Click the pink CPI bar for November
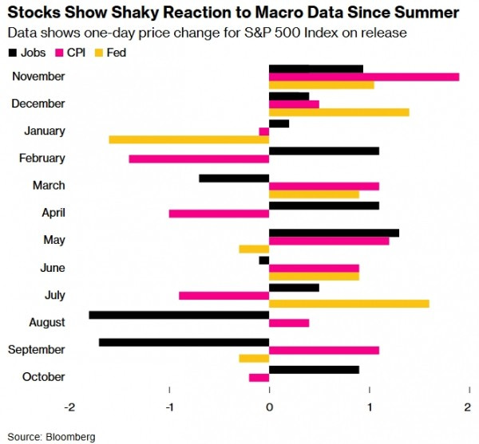click(x=364, y=77)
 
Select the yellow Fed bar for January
click(x=189, y=139)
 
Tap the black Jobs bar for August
click(x=179, y=314)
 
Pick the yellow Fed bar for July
click(x=349, y=303)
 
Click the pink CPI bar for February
click(x=199, y=159)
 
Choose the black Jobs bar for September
click(x=184, y=342)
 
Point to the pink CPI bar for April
click(x=219, y=213)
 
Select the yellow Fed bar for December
click(x=339, y=112)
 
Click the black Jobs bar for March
click(x=234, y=178)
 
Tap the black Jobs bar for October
click(x=314, y=369)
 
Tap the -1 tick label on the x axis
click(x=169, y=407)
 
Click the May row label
click(x=53, y=240)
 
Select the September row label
click(x=38, y=349)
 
